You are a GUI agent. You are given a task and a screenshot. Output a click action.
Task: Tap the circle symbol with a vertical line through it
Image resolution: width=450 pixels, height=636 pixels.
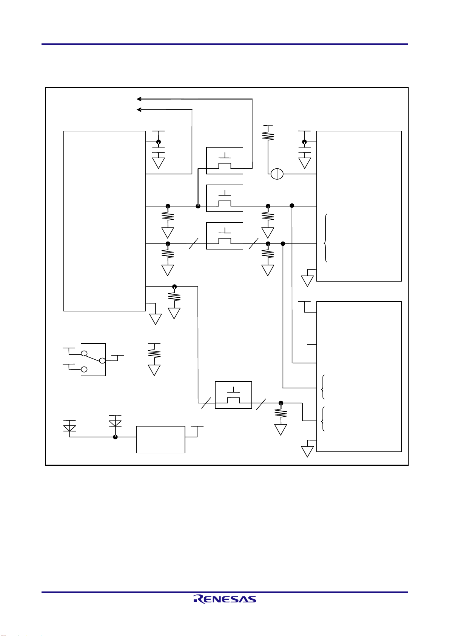[277, 174]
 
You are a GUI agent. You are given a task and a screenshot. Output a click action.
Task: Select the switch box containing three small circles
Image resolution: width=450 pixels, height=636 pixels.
[93, 359]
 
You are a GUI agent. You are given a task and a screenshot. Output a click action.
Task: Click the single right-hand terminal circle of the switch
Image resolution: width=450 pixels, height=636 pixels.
[102, 360]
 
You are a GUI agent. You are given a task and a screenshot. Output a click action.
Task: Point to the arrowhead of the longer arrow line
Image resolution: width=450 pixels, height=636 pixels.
[139, 99]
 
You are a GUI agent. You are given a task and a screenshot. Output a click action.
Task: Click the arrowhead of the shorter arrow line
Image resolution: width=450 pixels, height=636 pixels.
[139, 109]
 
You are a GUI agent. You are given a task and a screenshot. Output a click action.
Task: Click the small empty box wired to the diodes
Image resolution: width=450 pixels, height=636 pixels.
[161, 439]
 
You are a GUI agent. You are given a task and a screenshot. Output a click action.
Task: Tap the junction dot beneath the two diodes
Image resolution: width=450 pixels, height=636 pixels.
[115, 437]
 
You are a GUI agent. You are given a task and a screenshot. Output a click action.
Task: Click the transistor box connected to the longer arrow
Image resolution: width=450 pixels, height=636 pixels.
[225, 160]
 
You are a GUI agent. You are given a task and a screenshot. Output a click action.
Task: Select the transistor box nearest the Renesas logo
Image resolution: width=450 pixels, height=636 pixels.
[233, 395]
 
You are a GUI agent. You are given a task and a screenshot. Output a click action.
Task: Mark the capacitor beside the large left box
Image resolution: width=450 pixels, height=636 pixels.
[159, 149]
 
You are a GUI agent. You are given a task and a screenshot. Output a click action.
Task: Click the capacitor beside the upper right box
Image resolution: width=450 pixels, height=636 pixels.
[305, 149]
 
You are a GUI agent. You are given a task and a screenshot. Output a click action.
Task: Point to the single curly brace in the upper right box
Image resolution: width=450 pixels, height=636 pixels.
[325, 238]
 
